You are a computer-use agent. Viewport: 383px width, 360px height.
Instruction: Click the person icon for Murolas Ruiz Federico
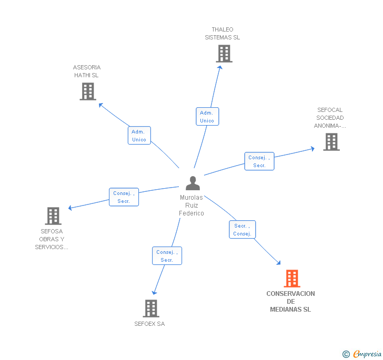(x=193, y=183)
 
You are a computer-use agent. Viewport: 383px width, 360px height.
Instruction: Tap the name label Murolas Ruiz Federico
(x=191, y=205)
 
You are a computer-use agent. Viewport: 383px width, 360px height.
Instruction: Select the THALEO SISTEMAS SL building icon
(x=224, y=54)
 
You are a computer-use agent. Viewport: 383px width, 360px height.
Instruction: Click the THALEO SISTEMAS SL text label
(x=222, y=34)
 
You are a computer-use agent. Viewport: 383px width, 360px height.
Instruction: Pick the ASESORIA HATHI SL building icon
(x=88, y=91)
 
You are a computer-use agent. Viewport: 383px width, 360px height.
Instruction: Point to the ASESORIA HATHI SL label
(x=87, y=71)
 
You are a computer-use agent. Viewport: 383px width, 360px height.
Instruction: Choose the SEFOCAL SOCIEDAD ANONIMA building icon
(x=331, y=142)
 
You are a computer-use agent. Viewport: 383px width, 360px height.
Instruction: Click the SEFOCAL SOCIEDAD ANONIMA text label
(x=330, y=118)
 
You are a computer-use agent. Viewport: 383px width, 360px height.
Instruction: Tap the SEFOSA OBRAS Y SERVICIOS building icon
(x=53, y=216)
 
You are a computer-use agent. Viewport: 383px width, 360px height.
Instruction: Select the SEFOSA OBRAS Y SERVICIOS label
(x=52, y=239)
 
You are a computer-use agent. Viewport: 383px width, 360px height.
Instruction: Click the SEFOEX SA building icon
(x=151, y=308)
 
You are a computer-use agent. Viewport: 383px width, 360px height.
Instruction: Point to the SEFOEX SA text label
(x=149, y=324)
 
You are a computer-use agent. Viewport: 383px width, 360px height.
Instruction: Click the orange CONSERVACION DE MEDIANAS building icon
(x=292, y=279)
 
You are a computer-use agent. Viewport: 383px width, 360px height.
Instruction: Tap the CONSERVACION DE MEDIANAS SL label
(x=290, y=302)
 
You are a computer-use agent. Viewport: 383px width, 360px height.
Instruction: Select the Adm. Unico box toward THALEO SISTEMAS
(x=207, y=117)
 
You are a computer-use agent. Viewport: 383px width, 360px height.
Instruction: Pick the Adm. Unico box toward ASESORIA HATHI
(x=139, y=136)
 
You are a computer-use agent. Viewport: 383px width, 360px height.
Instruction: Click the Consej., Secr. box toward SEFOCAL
(x=259, y=161)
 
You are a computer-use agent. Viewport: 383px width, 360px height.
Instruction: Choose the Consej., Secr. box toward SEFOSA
(x=124, y=197)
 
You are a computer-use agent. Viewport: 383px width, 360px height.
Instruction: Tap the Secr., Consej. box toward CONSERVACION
(x=243, y=230)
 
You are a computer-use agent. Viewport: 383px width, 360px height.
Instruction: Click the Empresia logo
(x=362, y=354)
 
